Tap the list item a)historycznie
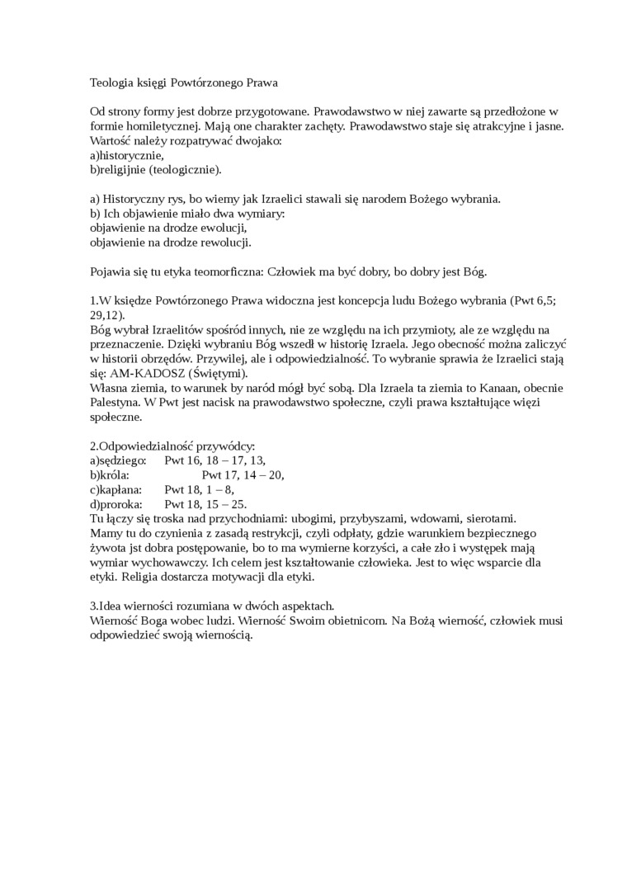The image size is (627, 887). tap(127, 155)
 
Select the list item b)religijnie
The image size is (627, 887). tap(117, 170)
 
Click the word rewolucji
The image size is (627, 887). tap(226, 243)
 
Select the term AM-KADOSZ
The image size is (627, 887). tap(146, 373)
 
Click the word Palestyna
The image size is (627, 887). tap(115, 403)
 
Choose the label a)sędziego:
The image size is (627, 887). tap(118, 460)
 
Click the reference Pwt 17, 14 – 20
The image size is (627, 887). tap(243, 475)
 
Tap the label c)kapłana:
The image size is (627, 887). tap(116, 489)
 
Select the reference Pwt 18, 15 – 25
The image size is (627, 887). tap(205, 504)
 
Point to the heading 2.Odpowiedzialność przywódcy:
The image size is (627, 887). tap(172, 446)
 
